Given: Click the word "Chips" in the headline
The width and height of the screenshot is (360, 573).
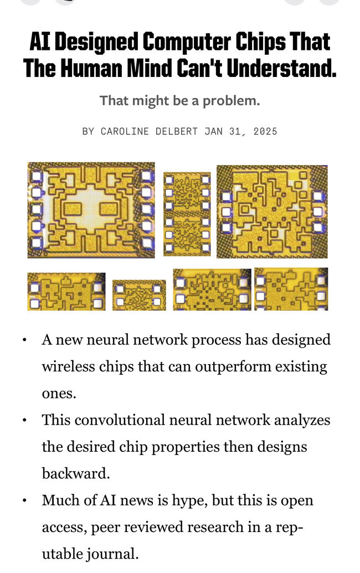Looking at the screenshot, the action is pos(260,42).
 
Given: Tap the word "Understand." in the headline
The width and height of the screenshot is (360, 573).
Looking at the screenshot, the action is pos(281,68).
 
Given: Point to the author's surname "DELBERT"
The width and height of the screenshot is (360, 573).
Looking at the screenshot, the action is pos(177,131).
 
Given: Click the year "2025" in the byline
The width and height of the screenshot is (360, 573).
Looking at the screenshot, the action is pos(265,131).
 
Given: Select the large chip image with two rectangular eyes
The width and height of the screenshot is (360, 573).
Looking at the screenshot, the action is pos(91,210).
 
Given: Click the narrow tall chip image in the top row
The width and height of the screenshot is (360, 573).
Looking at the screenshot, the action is pos(187,213).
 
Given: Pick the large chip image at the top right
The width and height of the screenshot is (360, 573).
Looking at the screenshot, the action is pos(272,211).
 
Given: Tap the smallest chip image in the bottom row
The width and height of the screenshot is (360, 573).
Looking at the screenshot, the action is pos(139,295).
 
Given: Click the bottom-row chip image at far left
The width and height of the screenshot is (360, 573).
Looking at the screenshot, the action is pos(66,292).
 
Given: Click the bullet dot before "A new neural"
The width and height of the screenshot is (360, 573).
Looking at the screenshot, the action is pos(24,340).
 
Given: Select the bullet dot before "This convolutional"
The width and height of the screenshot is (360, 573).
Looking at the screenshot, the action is pos(24,420).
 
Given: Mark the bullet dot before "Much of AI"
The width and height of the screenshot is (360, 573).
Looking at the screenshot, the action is pos(24,500).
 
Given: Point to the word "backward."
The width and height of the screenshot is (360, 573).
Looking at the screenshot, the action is pos(76,473).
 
